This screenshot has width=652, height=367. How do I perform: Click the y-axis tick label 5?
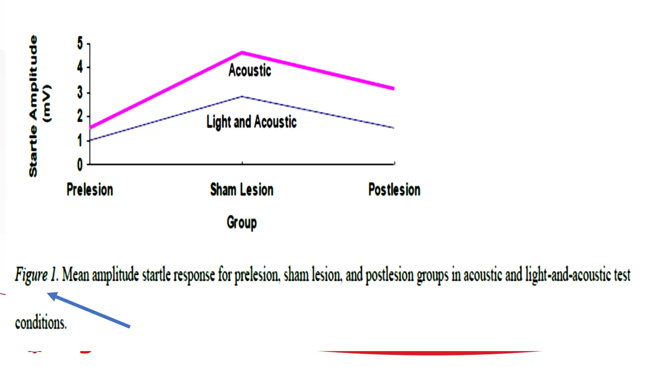tap(80, 43)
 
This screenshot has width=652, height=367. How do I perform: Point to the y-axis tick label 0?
tap(80, 165)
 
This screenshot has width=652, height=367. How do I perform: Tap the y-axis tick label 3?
tap(80, 93)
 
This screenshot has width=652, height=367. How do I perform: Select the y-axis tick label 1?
tap(80, 140)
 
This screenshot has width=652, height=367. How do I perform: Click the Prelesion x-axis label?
tap(90, 190)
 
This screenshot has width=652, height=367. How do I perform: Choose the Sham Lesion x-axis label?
tap(242, 190)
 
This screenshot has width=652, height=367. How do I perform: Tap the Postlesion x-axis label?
tap(394, 190)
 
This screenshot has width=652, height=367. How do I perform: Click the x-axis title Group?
tap(242, 223)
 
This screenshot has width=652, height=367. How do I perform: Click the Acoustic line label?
tap(250, 70)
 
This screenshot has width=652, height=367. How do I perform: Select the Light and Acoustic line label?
tap(252, 122)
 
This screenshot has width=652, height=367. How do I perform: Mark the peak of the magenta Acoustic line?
tap(242, 53)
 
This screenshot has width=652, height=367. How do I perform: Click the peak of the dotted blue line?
tap(242, 96)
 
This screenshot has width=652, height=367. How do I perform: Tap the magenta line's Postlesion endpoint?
tap(393, 88)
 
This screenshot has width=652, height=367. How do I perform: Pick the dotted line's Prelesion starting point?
tap(91, 140)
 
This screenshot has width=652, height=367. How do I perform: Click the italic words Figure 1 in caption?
tap(36, 275)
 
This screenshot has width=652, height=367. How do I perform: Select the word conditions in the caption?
tap(41, 323)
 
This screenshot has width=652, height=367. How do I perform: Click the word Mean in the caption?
tap(75, 275)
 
